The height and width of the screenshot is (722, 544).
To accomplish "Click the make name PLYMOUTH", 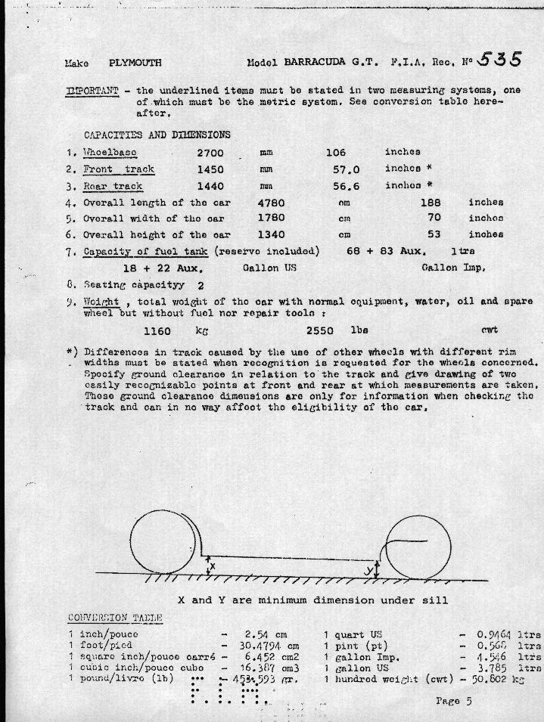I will click(x=135, y=63).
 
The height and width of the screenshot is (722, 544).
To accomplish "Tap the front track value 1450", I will click(x=210, y=169).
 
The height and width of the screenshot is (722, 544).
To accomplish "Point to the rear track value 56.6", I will click(x=347, y=186).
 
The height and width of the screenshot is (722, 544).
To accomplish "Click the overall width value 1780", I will click(x=271, y=219).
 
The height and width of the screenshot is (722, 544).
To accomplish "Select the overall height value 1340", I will click(x=271, y=235).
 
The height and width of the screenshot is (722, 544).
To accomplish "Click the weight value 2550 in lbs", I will click(x=319, y=331).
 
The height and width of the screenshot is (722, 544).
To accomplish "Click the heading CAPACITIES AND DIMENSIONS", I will click(x=157, y=135).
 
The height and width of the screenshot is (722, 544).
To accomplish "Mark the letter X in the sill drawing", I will click(x=213, y=566).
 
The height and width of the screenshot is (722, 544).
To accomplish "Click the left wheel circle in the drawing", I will click(x=163, y=542).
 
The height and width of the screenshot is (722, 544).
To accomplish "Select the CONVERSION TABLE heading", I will click(x=115, y=618).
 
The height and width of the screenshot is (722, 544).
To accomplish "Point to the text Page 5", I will click(x=454, y=701).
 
